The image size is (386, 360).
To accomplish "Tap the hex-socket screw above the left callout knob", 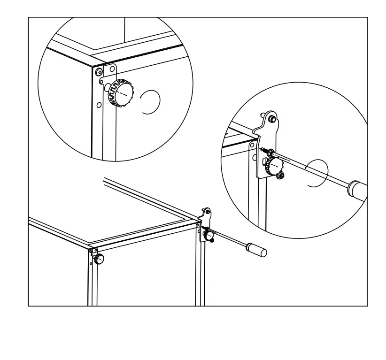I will (99, 72).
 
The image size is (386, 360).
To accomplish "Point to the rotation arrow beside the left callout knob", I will (151, 101).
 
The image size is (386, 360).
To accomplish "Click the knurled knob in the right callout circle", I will (275, 165).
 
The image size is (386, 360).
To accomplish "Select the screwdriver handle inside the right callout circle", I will (358, 190).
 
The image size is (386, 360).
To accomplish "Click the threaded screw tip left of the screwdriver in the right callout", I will (267, 151).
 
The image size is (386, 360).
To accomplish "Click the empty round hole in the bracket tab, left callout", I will (111, 69).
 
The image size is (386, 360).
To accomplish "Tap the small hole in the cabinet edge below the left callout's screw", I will (99, 104).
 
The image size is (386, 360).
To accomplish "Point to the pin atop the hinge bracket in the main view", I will (208, 212).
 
